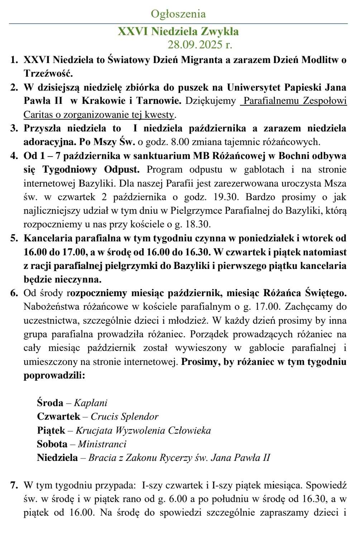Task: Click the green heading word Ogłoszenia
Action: point(178,14)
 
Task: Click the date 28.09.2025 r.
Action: point(200,45)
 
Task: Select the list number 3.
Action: point(14,128)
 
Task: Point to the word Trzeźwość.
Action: point(48,73)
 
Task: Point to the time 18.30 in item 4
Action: point(198,225)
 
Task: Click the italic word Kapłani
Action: point(91,403)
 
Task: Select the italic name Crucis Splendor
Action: point(124,416)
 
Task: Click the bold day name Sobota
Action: point(52,444)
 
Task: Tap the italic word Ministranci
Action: point(102,444)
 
